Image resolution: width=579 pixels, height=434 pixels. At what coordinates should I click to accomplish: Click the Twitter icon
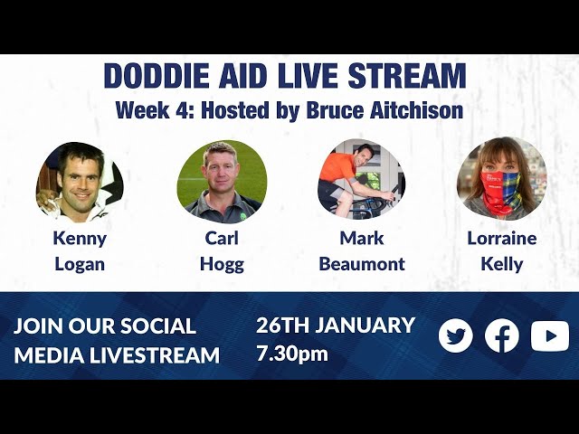pyautogui.click(x=456, y=335)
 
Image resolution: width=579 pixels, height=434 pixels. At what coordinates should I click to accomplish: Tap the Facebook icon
pyautogui.click(x=502, y=335)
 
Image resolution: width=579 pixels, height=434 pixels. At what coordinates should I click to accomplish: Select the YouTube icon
pyautogui.click(x=550, y=335)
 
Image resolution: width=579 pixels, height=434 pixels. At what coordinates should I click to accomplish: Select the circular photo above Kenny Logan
pyautogui.click(x=80, y=182)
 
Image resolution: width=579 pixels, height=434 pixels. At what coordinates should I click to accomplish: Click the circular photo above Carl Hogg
pyautogui.click(x=222, y=182)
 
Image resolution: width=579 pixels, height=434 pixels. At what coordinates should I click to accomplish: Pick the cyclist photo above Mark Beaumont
pyautogui.click(x=362, y=180)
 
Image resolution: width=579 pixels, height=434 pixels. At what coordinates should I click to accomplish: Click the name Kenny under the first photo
pyautogui.click(x=80, y=239)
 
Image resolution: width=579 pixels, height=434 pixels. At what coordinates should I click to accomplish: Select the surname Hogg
pyautogui.click(x=222, y=264)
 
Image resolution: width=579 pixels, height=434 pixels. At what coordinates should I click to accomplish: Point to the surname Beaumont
pyautogui.click(x=362, y=264)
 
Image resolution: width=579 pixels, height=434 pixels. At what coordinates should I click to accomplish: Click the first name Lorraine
pyautogui.click(x=501, y=239)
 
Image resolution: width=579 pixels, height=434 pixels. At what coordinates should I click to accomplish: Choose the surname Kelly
pyautogui.click(x=501, y=264)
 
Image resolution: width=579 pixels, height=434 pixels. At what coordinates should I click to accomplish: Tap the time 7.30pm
pyautogui.click(x=291, y=354)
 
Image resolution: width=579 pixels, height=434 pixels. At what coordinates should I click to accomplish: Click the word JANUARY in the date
pyautogui.click(x=366, y=325)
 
